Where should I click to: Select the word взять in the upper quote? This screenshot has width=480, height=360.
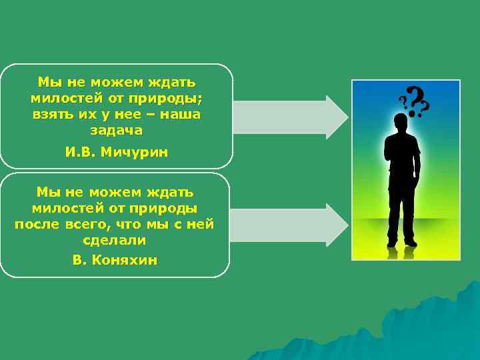click(51, 115)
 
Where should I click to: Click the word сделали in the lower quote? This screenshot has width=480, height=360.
click(115, 240)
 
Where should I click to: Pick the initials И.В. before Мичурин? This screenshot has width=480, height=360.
click(81, 153)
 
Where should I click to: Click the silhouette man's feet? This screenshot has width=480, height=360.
click(403, 243)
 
